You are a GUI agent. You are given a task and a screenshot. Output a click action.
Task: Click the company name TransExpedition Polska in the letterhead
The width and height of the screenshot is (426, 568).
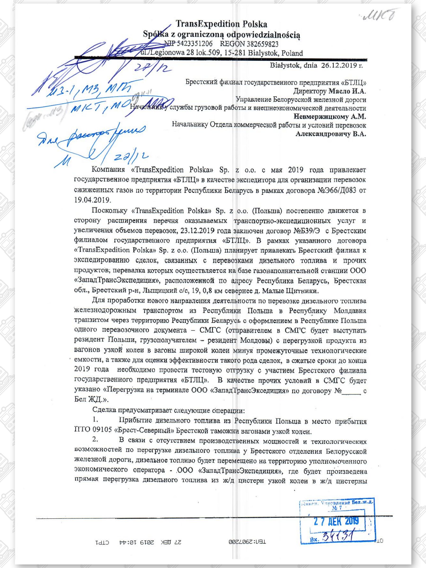coord(221,24)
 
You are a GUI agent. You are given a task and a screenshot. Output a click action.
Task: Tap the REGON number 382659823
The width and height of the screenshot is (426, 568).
coord(262,44)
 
